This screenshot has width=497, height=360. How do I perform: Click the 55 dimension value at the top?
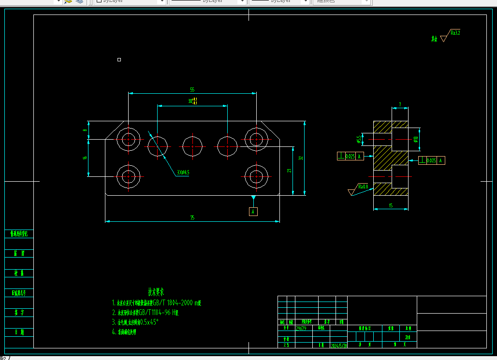coord(192,90)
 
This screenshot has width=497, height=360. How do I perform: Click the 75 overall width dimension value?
coord(192,218)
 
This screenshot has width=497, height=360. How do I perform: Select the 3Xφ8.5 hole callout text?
coord(183,172)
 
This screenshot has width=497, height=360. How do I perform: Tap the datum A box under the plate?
coord(253,212)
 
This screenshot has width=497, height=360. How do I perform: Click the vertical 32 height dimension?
coord(300,158)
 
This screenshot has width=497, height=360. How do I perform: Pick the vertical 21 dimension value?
coord(289,170)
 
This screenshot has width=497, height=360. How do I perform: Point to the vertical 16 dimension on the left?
coord(85,158)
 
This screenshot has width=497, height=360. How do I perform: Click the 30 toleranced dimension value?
coord(192,101)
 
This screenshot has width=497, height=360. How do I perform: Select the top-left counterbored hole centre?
coord(128,140)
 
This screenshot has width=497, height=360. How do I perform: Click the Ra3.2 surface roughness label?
coord(455,33)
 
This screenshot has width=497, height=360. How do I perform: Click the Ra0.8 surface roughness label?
coord(363,187)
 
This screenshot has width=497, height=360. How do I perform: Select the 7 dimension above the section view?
coord(399,104)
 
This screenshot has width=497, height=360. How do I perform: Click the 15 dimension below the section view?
coord(391,206)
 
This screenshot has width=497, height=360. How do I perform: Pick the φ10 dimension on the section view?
coord(416,140)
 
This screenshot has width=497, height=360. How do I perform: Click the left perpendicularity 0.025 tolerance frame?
coord(350,156)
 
